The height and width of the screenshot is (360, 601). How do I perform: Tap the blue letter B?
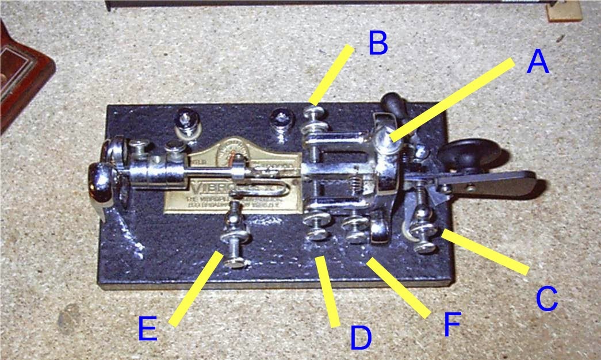[378, 44]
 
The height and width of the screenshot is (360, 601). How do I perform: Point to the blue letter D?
[361, 338]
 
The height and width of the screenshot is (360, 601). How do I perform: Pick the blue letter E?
[147, 330]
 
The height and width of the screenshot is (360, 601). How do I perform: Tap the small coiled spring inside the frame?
[357, 184]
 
